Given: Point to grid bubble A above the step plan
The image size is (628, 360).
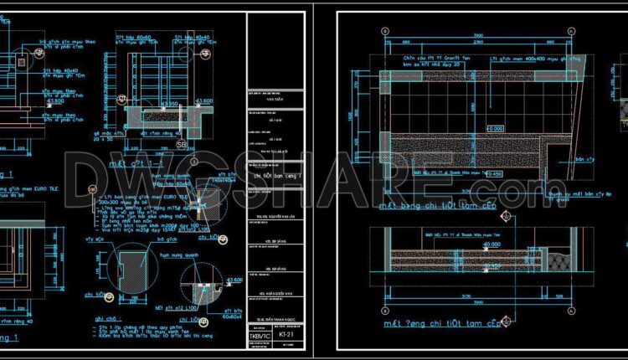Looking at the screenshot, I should pos(384,32).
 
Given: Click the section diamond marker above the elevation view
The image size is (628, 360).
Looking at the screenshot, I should pos(506,217).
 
